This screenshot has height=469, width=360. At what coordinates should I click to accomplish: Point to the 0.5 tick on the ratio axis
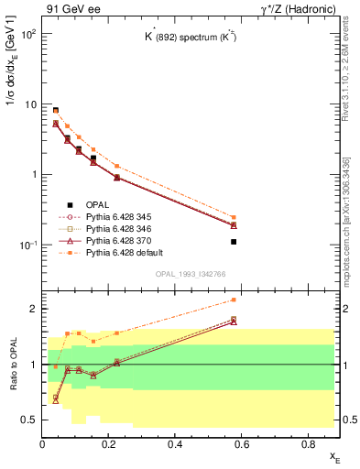(31, 420)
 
